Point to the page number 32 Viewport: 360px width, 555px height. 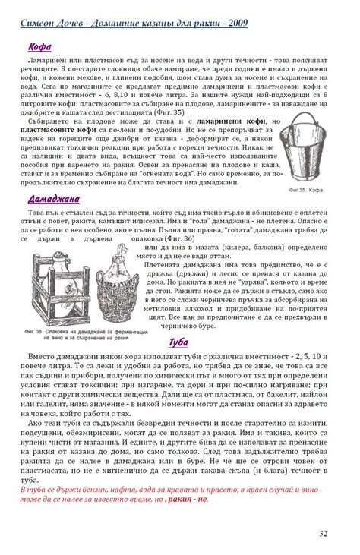coord(324,534)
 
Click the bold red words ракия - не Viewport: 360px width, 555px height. coord(186,500)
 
